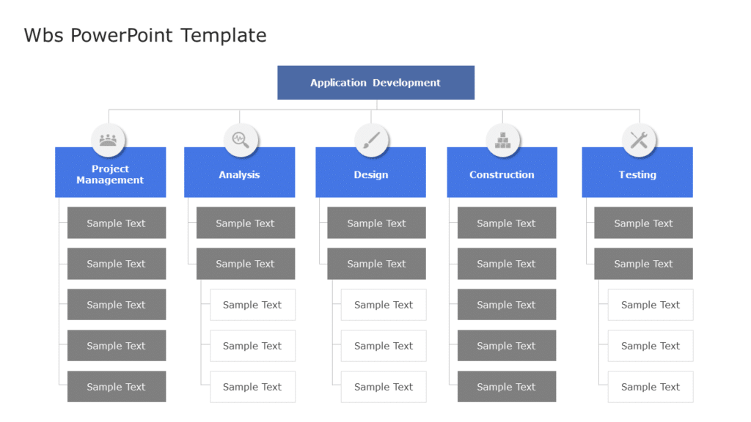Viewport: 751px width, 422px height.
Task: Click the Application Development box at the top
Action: click(x=375, y=83)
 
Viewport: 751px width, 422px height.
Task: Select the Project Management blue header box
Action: click(x=110, y=174)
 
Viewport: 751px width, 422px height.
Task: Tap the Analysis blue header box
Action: click(x=239, y=174)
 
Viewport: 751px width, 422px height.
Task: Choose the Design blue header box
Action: click(x=370, y=174)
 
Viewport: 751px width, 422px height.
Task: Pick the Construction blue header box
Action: click(x=502, y=174)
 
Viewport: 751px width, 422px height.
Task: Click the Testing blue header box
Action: click(x=637, y=174)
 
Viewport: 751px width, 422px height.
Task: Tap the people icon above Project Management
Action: click(x=109, y=139)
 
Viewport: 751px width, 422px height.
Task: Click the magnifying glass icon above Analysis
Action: click(x=241, y=139)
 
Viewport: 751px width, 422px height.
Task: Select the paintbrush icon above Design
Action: click(x=371, y=139)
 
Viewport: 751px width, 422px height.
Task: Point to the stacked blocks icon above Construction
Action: click(x=503, y=139)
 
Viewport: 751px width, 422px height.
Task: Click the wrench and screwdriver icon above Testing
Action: click(x=639, y=139)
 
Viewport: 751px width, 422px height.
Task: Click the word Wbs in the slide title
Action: click(x=44, y=35)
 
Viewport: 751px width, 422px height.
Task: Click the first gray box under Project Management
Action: click(x=117, y=223)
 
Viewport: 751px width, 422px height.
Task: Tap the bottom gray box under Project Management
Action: click(x=117, y=386)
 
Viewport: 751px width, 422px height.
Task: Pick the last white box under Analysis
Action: click(x=252, y=386)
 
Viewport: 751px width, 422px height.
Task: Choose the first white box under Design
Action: click(x=384, y=305)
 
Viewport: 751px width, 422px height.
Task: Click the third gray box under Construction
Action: click(x=506, y=305)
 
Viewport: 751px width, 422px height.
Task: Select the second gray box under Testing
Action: click(x=643, y=264)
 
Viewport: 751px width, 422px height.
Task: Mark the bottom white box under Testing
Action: click(x=651, y=386)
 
